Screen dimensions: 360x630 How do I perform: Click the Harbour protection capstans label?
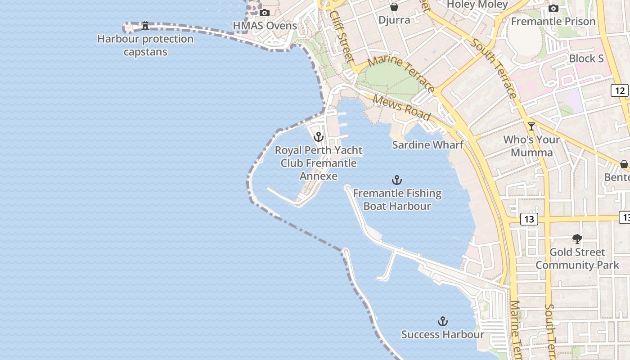tap(145, 45)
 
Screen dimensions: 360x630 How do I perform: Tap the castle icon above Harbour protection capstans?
tap(145, 26)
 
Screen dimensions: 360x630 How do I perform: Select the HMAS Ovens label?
tap(265, 26)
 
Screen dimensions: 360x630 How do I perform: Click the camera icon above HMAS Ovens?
tap(265, 13)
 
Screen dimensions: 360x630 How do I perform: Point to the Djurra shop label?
tap(394, 20)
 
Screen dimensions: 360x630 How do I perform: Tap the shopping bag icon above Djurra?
tap(394, 7)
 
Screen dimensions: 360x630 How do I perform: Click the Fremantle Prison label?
tap(553, 21)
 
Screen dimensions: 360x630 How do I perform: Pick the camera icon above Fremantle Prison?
tap(553, 8)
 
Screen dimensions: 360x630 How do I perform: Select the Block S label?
tap(586, 58)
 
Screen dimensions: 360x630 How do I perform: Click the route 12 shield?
tap(620, 90)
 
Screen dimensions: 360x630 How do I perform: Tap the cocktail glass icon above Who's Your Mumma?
tap(531, 126)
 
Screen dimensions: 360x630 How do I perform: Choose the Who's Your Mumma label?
tap(531, 146)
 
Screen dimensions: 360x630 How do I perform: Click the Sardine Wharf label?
tap(427, 145)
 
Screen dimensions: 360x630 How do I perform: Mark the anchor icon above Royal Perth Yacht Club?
tap(319, 137)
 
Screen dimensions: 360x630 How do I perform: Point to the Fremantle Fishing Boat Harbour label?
tap(397, 199)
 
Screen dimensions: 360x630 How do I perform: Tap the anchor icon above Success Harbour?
tap(443, 321)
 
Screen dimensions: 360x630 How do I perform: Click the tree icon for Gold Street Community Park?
tap(577, 238)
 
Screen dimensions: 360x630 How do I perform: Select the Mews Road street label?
tap(402, 108)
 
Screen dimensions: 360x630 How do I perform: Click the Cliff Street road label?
tap(342, 36)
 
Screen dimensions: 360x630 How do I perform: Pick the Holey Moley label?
tap(477, 4)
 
